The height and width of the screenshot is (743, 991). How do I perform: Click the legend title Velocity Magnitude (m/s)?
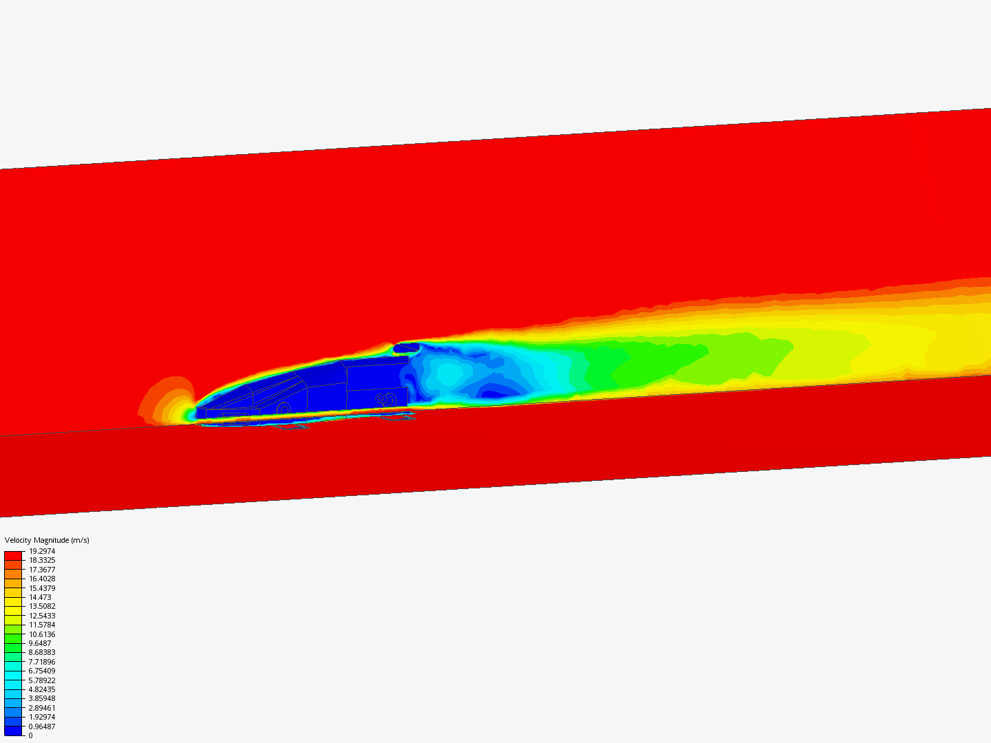click(47, 540)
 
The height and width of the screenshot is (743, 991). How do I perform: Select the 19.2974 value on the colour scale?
click(42, 551)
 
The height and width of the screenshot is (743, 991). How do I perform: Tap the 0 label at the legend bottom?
click(31, 735)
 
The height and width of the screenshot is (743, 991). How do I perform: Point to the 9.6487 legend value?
click(40, 643)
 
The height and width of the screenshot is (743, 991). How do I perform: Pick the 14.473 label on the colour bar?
click(40, 597)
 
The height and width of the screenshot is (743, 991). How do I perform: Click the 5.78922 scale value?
click(42, 680)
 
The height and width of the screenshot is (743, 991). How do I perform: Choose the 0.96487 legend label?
click(42, 726)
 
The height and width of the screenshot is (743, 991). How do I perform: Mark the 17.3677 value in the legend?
click(42, 570)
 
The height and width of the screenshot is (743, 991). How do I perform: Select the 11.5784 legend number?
click(42, 625)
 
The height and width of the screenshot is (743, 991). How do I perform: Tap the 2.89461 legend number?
click(42, 708)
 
